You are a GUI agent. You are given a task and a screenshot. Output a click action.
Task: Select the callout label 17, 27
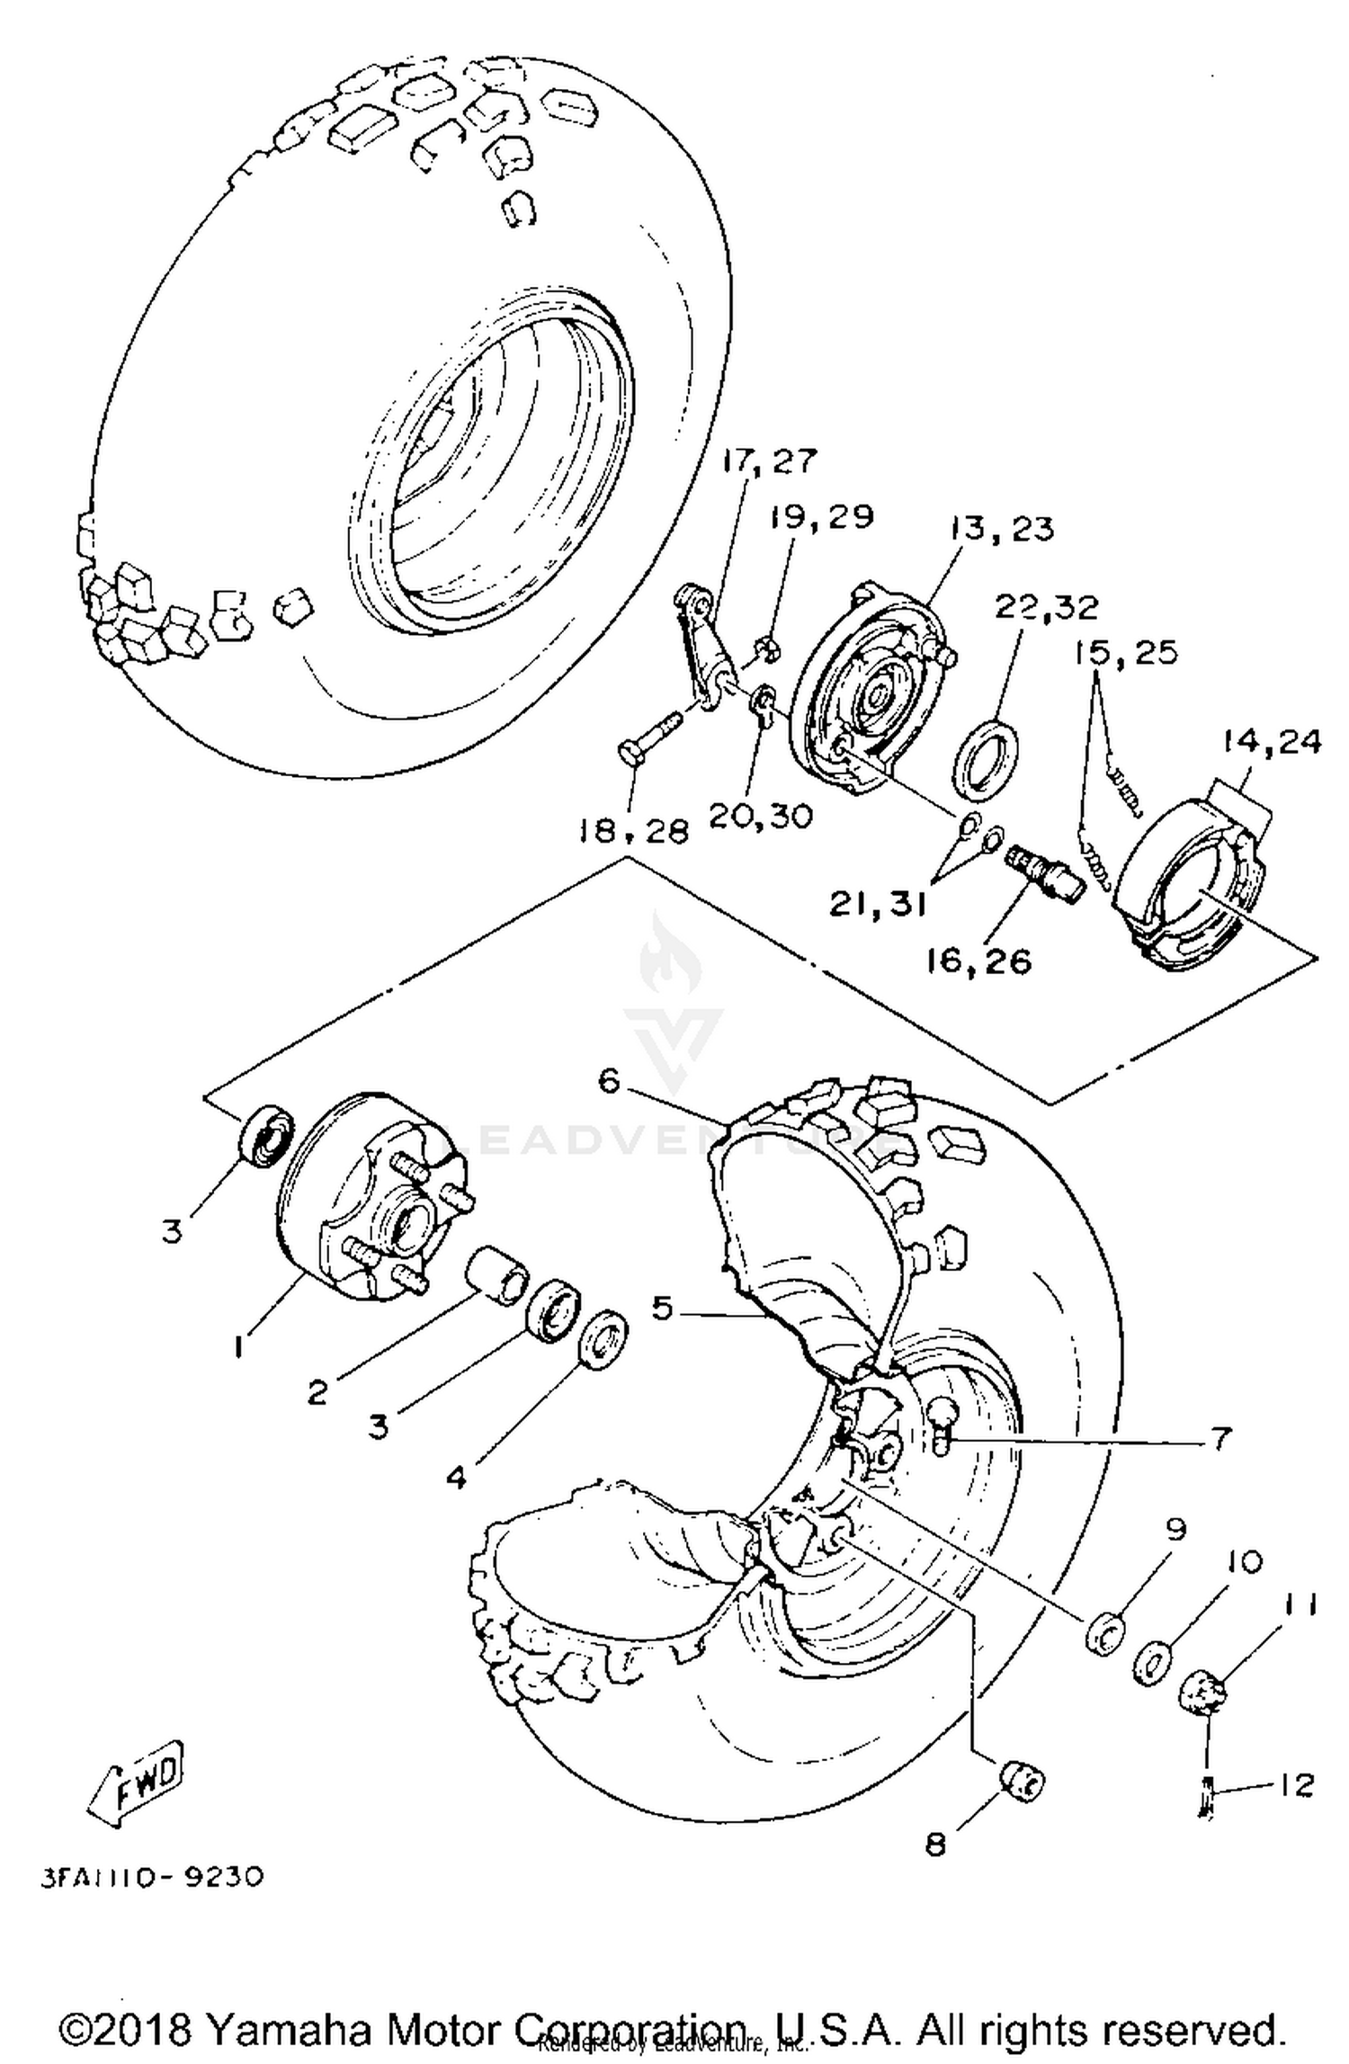coord(768,461)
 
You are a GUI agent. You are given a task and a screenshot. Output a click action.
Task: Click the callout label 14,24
coord(1271,742)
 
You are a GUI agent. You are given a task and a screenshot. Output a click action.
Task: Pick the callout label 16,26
coord(978,961)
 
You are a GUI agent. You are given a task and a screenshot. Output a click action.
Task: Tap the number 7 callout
coord(1219,1439)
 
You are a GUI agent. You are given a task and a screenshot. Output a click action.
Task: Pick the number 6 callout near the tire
coord(610,1082)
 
